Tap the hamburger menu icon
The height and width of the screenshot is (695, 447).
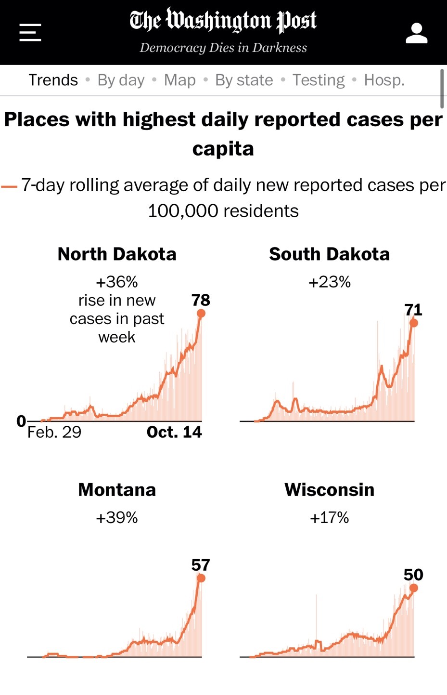(x=30, y=33)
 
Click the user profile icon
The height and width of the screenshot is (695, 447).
(x=416, y=33)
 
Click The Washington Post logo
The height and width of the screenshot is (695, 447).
(x=223, y=21)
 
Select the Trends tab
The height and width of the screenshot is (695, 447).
(x=53, y=80)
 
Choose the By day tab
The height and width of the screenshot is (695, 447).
(x=121, y=80)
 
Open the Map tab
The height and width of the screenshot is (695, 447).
(x=179, y=80)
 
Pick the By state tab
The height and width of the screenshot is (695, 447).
(x=244, y=80)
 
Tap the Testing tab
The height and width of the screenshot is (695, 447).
(x=319, y=80)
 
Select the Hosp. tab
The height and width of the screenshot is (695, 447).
(x=384, y=80)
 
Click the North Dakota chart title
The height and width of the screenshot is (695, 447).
(x=117, y=254)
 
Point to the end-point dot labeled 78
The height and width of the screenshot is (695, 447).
(x=201, y=314)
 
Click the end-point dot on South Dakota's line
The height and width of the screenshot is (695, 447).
(x=414, y=323)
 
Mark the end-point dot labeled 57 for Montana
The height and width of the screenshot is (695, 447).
(x=201, y=578)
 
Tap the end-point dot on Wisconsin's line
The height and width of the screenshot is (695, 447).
(x=414, y=588)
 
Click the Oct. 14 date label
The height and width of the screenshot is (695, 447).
(x=174, y=432)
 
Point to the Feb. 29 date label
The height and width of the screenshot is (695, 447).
(x=54, y=432)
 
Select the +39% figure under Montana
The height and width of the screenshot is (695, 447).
(x=117, y=518)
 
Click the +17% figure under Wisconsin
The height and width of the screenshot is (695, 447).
(x=330, y=518)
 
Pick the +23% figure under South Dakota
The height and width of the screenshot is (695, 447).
(x=330, y=282)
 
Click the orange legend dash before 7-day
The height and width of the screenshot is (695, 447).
(x=9, y=186)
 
